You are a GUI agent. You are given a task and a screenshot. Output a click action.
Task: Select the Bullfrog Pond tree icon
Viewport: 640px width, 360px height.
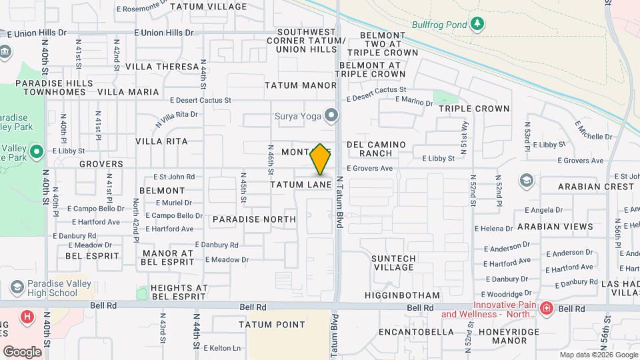click(x=476, y=25)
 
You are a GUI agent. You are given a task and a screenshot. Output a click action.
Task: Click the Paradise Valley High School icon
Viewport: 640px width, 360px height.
click(x=17, y=288)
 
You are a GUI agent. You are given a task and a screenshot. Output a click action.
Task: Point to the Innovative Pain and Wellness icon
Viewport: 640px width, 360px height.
click(x=546, y=309)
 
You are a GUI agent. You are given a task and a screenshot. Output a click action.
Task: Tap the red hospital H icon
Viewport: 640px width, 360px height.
click(x=27, y=317)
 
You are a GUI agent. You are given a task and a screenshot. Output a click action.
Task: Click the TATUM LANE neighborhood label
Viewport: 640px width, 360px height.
click(x=301, y=184)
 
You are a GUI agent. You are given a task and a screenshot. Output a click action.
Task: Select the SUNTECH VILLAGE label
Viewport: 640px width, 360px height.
click(x=393, y=263)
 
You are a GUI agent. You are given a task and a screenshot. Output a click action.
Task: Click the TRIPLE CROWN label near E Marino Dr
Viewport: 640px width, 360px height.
click(x=474, y=109)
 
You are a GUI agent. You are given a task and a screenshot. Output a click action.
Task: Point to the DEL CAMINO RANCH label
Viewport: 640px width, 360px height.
click(x=375, y=149)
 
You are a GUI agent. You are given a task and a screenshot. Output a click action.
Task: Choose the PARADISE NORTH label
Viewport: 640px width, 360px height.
click(x=254, y=219)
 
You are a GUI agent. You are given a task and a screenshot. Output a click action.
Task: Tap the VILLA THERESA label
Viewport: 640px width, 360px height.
click(x=162, y=67)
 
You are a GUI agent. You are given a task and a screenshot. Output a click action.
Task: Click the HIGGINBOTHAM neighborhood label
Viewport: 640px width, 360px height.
click(x=402, y=295)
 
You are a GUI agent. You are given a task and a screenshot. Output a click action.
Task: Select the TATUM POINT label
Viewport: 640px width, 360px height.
click(x=272, y=325)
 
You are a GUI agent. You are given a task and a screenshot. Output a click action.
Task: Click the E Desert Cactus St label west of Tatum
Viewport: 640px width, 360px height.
click(x=200, y=101)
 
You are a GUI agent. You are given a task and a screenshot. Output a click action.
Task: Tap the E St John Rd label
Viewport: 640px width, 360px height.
click(x=174, y=177)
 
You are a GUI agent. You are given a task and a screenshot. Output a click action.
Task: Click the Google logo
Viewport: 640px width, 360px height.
click(x=22, y=351)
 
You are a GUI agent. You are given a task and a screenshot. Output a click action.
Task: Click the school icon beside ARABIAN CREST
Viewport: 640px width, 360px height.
click(x=526, y=181)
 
